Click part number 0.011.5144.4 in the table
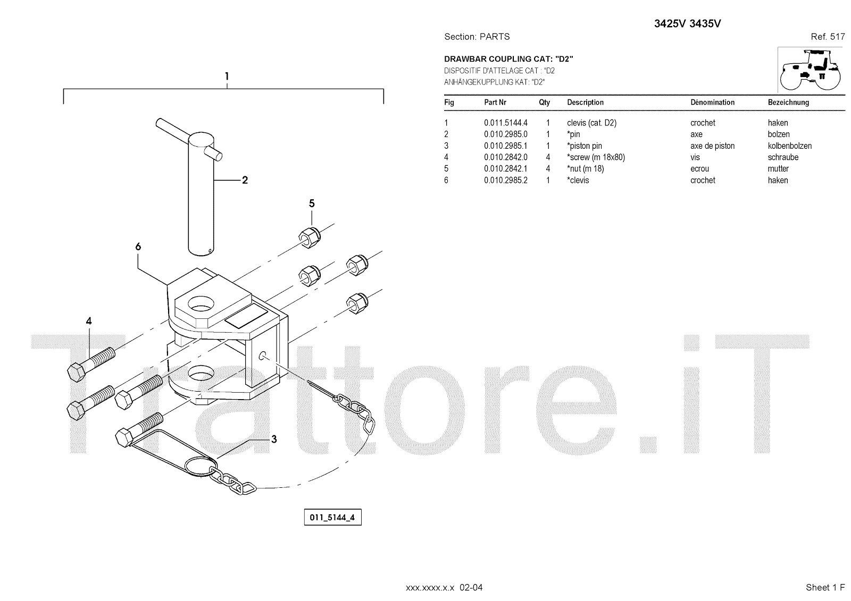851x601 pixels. (x=505, y=123)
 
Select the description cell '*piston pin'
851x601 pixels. (x=585, y=146)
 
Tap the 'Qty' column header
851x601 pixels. (x=544, y=103)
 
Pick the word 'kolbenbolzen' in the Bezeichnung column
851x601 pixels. (x=789, y=146)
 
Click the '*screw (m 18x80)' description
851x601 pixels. (x=596, y=157)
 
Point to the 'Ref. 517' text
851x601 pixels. (x=828, y=37)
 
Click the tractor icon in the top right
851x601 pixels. (x=811, y=70)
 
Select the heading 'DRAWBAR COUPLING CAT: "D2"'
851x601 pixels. (x=508, y=59)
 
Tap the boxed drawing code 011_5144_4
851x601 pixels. (x=332, y=517)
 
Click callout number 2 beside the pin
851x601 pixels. (x=245, y=180)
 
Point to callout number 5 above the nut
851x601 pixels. (x=312, y=204)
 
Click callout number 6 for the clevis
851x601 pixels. (x=138, y=247)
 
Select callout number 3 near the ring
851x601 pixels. (x=274, y=439)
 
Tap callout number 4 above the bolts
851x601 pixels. (x=89, y=321)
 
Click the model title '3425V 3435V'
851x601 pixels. (x=687, y=24)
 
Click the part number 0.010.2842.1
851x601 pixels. (x=505, y=169)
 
